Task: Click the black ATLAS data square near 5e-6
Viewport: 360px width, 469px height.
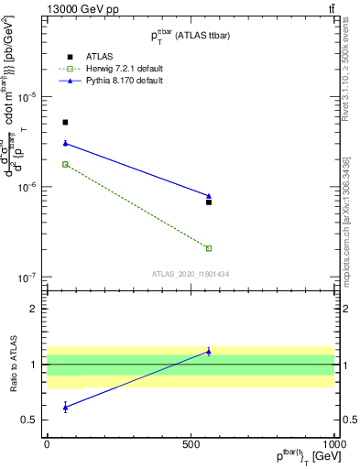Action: pos(65,122)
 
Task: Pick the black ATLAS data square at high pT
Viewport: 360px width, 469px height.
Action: pos(209,202)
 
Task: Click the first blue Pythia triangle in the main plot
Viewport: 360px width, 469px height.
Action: pos(65,143)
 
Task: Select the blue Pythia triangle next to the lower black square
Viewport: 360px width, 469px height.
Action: pos(209,195)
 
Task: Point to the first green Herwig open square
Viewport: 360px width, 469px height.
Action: pos(65,164)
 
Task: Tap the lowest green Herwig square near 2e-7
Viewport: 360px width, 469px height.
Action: pos(209,248)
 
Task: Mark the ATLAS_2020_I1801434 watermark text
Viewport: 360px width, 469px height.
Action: pos(190,274)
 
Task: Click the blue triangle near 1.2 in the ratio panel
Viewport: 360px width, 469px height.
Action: pos(209,351)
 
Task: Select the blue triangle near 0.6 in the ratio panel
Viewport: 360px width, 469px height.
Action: pos(65,406)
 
